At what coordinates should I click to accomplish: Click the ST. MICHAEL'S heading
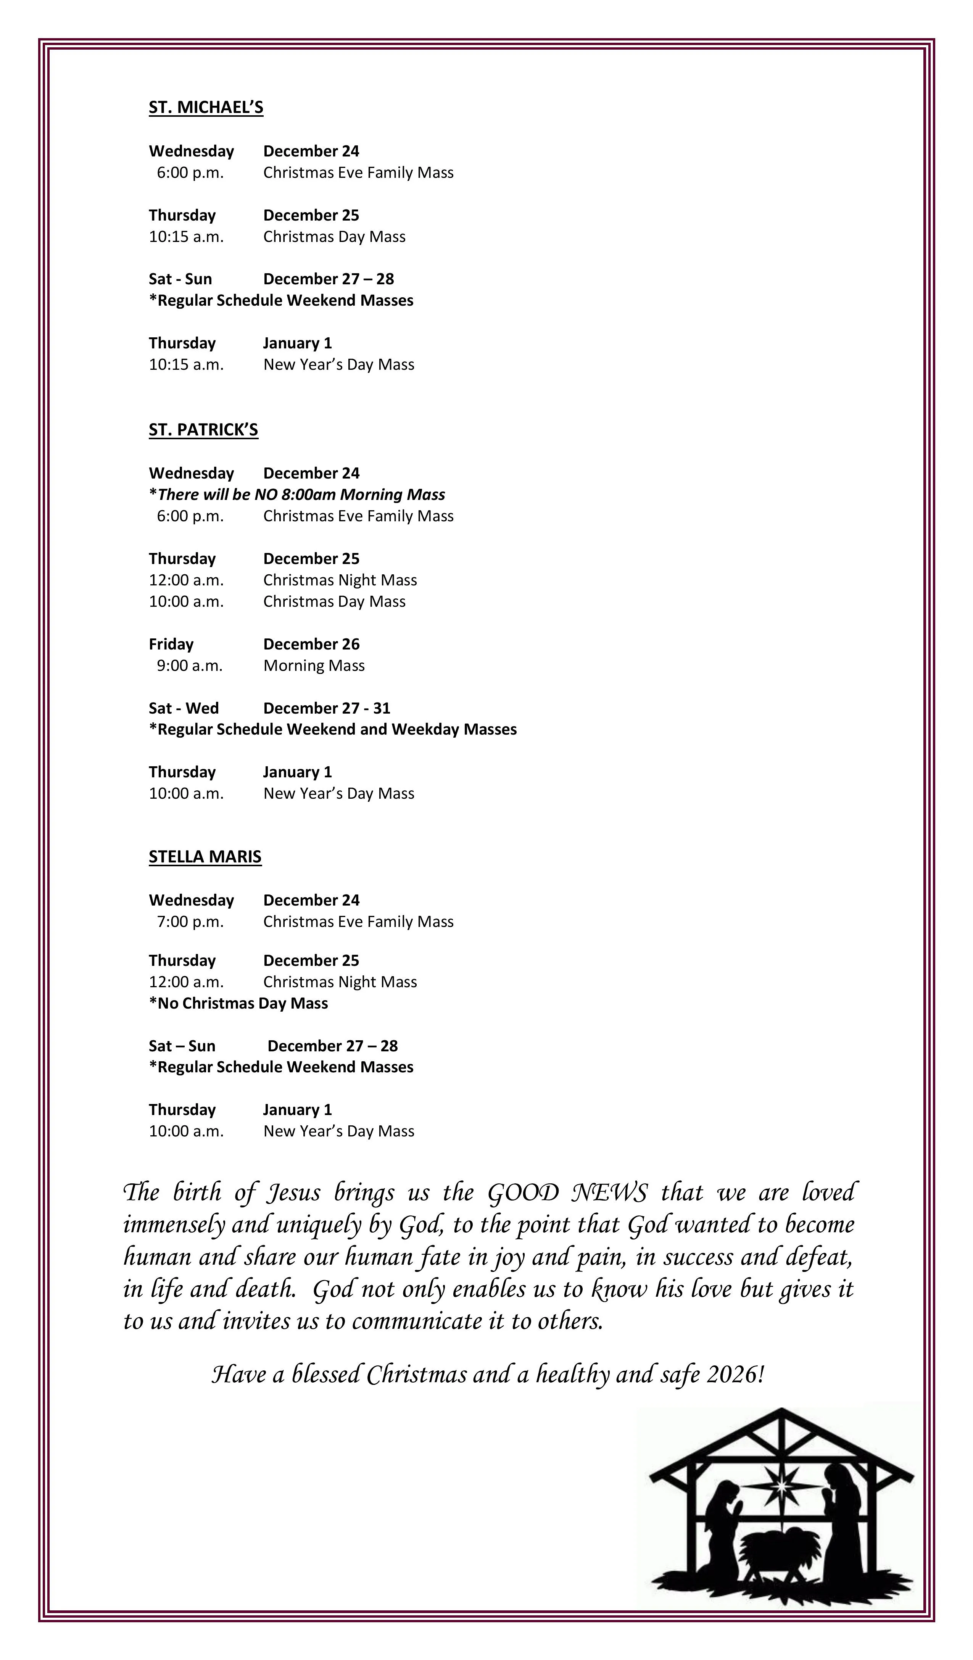point(206,107)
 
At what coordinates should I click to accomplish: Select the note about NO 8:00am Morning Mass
point(297,495)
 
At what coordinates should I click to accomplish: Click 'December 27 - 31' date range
point(326,708)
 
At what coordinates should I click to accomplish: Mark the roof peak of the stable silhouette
point(781,1411)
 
